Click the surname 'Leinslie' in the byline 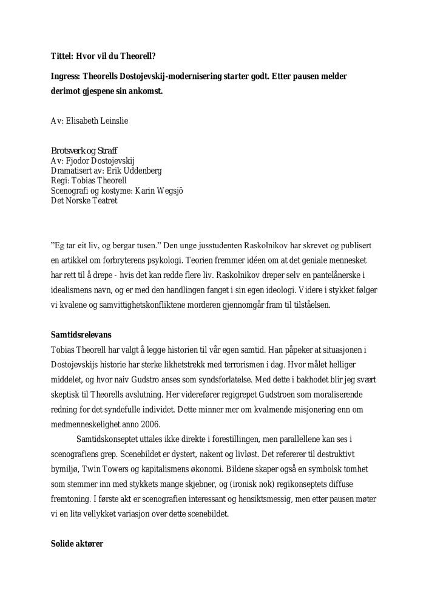click(112, 121)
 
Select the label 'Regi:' click(61, 180)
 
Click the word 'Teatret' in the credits click(103, 200)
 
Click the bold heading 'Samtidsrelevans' click(81, 334)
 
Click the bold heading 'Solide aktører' click(77, 544)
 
